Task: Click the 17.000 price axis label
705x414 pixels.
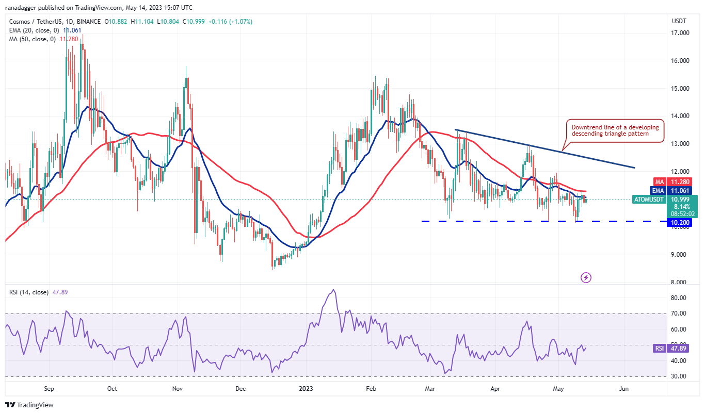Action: pyautogui.click(x=681, y=33)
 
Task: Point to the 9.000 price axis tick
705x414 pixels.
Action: pyautogui.click(x=681, y=255)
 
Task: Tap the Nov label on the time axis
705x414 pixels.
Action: pyautogui.click(x=177, y=389)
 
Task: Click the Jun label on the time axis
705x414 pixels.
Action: pyautogui.click(x=623, y=389)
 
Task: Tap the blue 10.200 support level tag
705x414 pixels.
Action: pyautogui.click(x=680, y=222)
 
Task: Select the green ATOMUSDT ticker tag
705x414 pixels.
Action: pyautogui.click(x=648, y=199)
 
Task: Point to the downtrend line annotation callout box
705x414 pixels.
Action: pyautogui.click(x=615, y=130)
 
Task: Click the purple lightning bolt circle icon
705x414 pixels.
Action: pyautogui.click(x=586, y=277)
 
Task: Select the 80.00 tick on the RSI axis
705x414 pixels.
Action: pyautogui.click(x=680, y=298)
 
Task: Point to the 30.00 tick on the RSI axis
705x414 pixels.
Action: pyautogui.click(x=680, y=376)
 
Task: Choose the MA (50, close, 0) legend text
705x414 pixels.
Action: pyautogui.click(x=31, y=39)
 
